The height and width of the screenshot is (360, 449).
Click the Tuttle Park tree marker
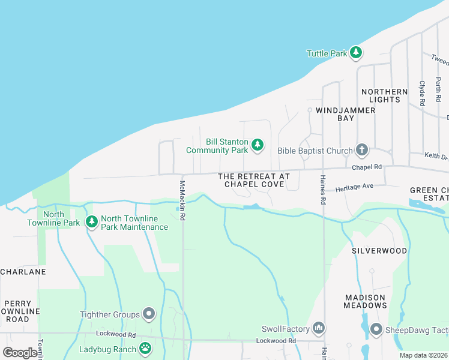pyautogui.click(x=357, y=53)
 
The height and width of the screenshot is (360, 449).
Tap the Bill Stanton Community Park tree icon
pyautogui.click(x=258, y=145)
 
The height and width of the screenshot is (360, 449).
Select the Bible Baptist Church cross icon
pyautogui.click(x=361, y=149)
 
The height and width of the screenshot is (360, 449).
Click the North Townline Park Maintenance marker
pyautogui.click(x=92, y=223)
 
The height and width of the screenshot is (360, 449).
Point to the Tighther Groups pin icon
pyautogui.click(x=149, y=314)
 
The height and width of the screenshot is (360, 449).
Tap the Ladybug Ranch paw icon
pyautogui.click(x=145, y=348)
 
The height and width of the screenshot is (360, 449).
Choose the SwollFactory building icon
pyautogui.click(x=319, y=328)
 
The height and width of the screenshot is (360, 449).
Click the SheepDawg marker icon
pyautogui.click(x=376, y=329)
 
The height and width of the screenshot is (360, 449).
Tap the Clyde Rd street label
pyautogui.click(x=423, y=94)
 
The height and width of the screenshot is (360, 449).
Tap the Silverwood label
pyautogui.click(x=379, y=250)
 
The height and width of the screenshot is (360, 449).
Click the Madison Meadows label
pyautogui.click(x=366, y=301)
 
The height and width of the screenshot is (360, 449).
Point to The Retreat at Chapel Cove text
pyautogui.click(x=253, y=180)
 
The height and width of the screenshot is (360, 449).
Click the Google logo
pyautogui.click(x=20, y=352)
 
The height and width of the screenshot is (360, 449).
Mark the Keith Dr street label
pyautogui.click(x=436, y=156)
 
